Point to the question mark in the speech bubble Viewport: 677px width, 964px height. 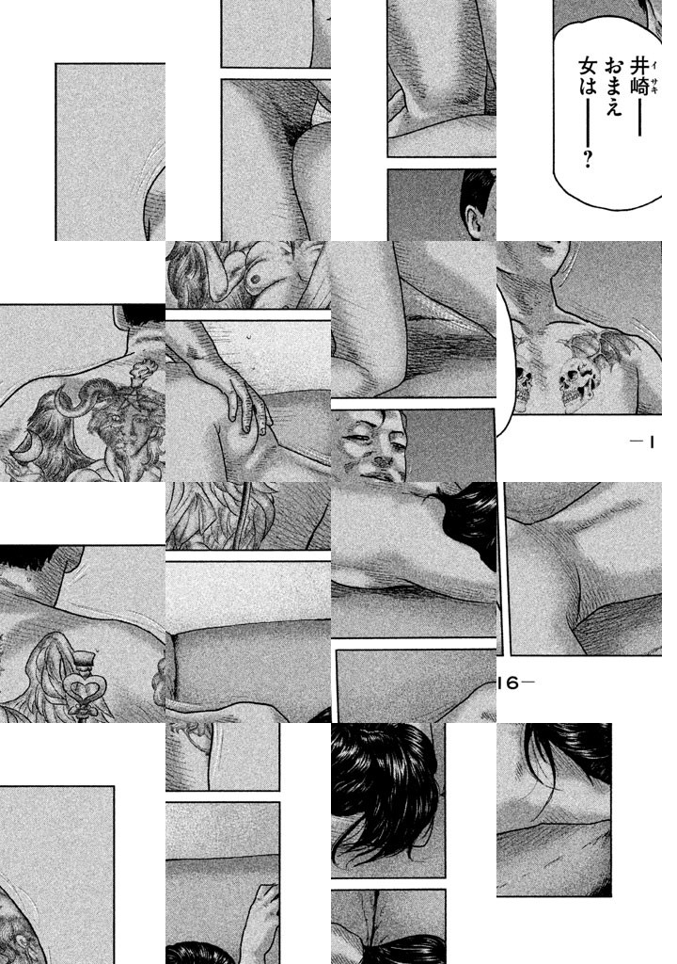click(588, 159)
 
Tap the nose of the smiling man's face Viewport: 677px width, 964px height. click(384, 456)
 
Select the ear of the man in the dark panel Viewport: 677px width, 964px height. click(475, 220)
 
